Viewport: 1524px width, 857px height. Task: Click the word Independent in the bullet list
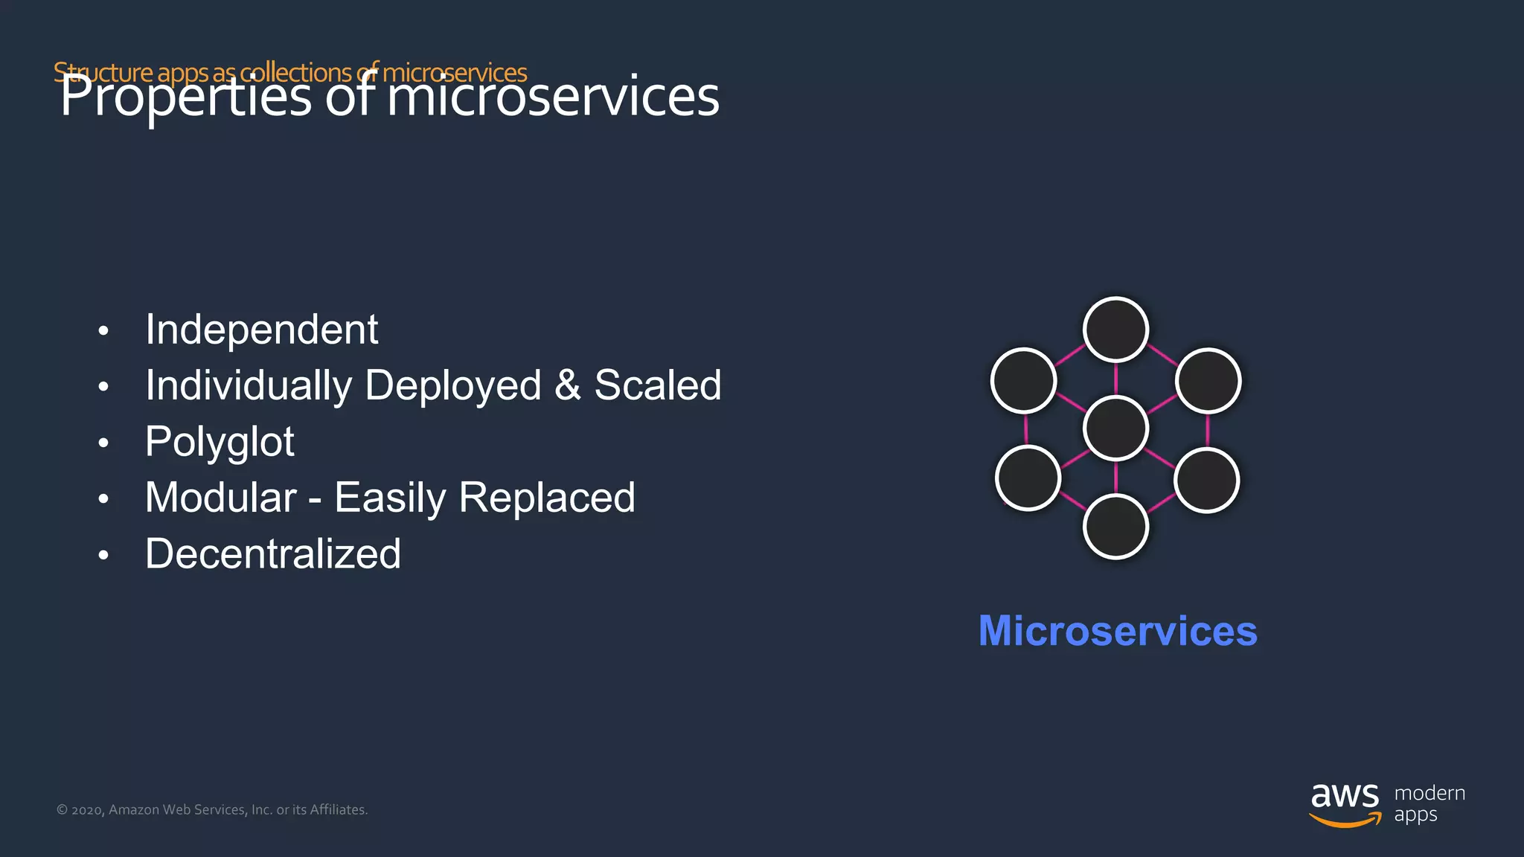(261, 330)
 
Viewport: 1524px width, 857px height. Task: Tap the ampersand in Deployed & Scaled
(567, 385)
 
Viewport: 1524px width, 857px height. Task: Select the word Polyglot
(220, 442)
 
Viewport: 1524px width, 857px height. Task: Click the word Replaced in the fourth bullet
(547, 498)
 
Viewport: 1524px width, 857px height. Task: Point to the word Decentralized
(273, 554)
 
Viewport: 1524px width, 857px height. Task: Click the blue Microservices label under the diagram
(1117, 631)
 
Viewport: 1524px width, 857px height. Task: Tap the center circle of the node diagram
(1115, 428)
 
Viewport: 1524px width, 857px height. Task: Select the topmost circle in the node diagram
(1115, 330)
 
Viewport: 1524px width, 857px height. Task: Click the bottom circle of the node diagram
(1115, 527)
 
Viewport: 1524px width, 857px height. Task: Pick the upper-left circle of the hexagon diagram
(1024, 380)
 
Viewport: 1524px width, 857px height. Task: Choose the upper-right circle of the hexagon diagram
(1208, 380)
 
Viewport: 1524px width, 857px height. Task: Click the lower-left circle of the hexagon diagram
(1028, 478)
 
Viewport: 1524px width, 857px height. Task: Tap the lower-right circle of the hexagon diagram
(1206, 480)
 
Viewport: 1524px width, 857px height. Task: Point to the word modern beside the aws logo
(1429, 793)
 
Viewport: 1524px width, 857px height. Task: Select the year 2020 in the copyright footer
(87, 810)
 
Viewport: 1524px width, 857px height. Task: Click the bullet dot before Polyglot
(103, 443)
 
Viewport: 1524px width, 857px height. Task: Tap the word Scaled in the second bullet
(657, 385)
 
